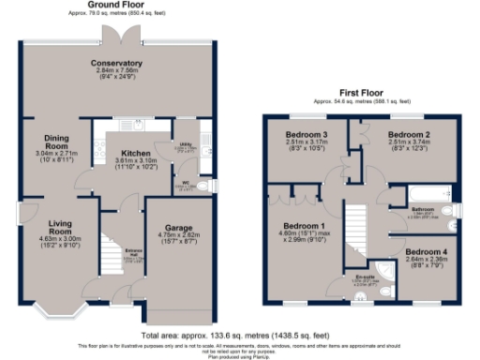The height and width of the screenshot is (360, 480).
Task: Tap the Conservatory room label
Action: [x=116, y=63]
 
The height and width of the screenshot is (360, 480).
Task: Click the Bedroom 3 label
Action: [x=306, y=135]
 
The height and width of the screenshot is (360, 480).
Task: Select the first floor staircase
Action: [x=354, y=230]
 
